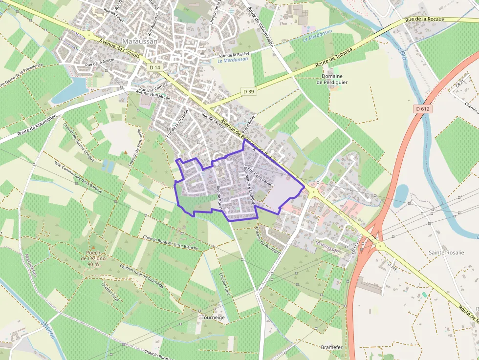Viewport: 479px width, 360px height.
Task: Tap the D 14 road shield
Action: (155, 67)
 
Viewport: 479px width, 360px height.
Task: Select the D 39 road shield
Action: (249, 91)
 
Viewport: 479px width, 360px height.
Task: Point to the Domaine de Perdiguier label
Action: (332, 79)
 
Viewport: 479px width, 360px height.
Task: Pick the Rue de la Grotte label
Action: (99, 62)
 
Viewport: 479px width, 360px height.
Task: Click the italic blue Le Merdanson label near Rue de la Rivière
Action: (233, 60)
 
